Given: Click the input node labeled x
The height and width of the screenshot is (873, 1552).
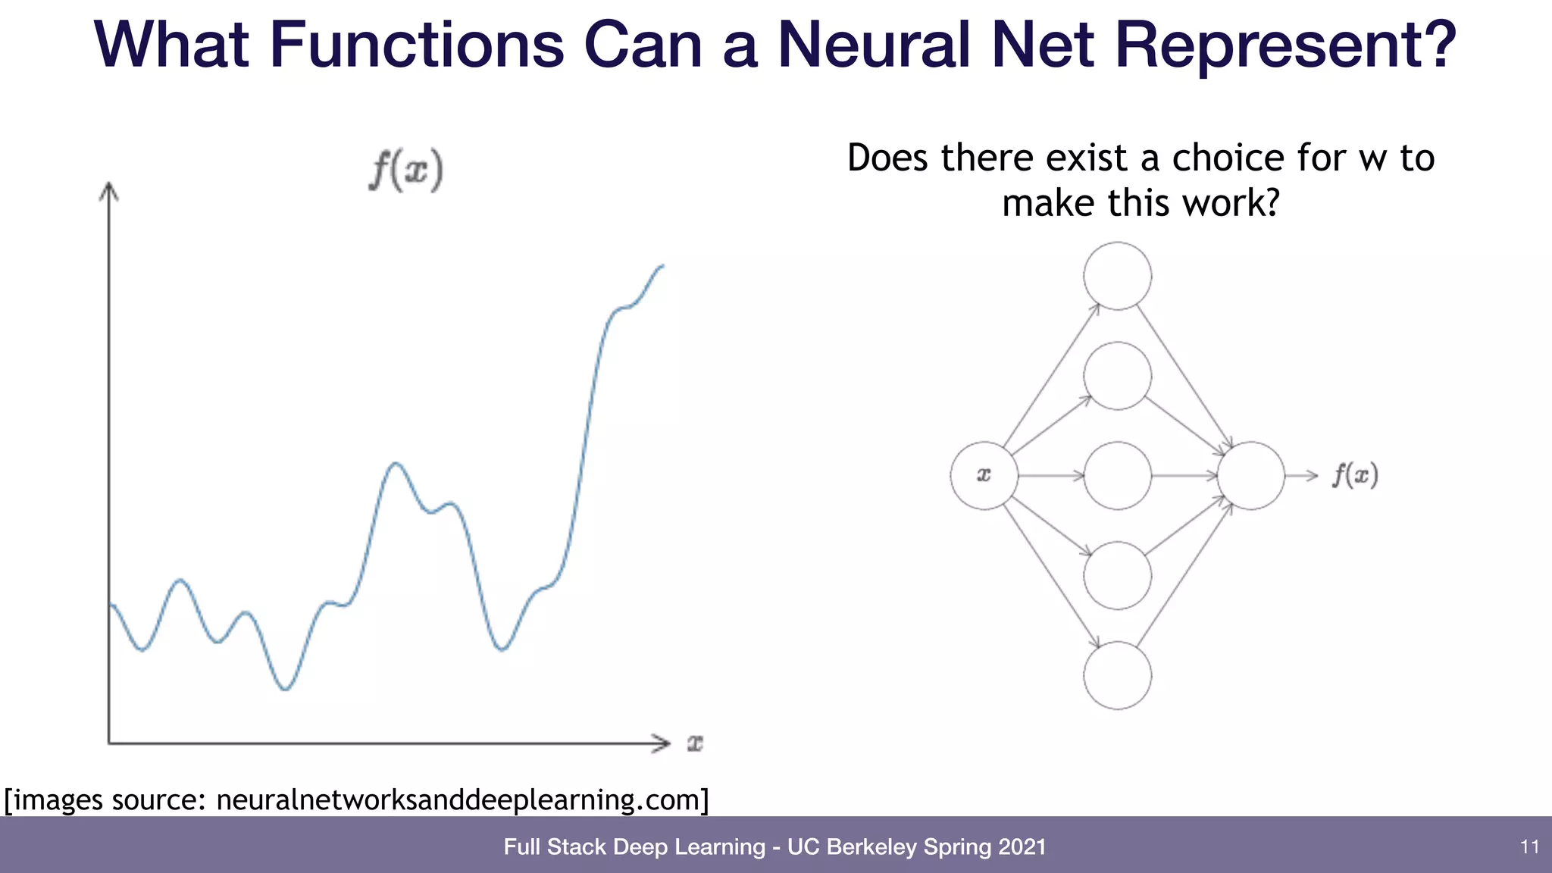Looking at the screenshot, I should pyautogui.click(x=984, y=475).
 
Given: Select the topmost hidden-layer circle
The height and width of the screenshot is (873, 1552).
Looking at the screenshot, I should pyautogui.click(x=1117, y=276).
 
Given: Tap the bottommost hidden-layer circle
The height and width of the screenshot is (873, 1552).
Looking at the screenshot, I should pyautogui.click(x=1117, y=675).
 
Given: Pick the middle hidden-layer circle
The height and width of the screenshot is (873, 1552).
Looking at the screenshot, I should pyautogui.click(x=1117, y=475).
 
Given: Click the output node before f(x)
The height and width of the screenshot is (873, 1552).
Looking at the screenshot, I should pyautogui.click(x=1250, y=475).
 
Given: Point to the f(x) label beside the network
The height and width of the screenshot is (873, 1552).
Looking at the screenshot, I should pyautogui.click(x=1355, y=475).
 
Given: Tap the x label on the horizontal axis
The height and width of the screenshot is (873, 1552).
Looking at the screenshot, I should pyautogui.click(x=695, y=743).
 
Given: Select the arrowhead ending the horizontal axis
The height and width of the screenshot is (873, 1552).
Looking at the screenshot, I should pyautogui.click(x=662, y=743).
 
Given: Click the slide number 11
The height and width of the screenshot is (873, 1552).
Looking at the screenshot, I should pyautogui.click(x=1529, y=846).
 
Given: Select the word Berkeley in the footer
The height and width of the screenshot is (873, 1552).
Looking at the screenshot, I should pyautogui.click(x=871, y=846).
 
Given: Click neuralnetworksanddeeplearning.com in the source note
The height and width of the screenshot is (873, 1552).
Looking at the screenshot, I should pyautogui.click(x=462, y=799).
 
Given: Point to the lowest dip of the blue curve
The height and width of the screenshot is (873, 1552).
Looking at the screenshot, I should pyautogui.click(x=285, y=688).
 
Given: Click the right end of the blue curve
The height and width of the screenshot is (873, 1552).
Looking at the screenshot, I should pyautogui.click(x=662, y=266).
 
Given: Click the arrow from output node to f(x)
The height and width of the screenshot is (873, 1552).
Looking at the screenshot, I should pyautogui.click(x=1302, y=475).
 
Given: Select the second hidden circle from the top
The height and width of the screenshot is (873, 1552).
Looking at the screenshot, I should pyautogui.click(x=1117, y=376).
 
